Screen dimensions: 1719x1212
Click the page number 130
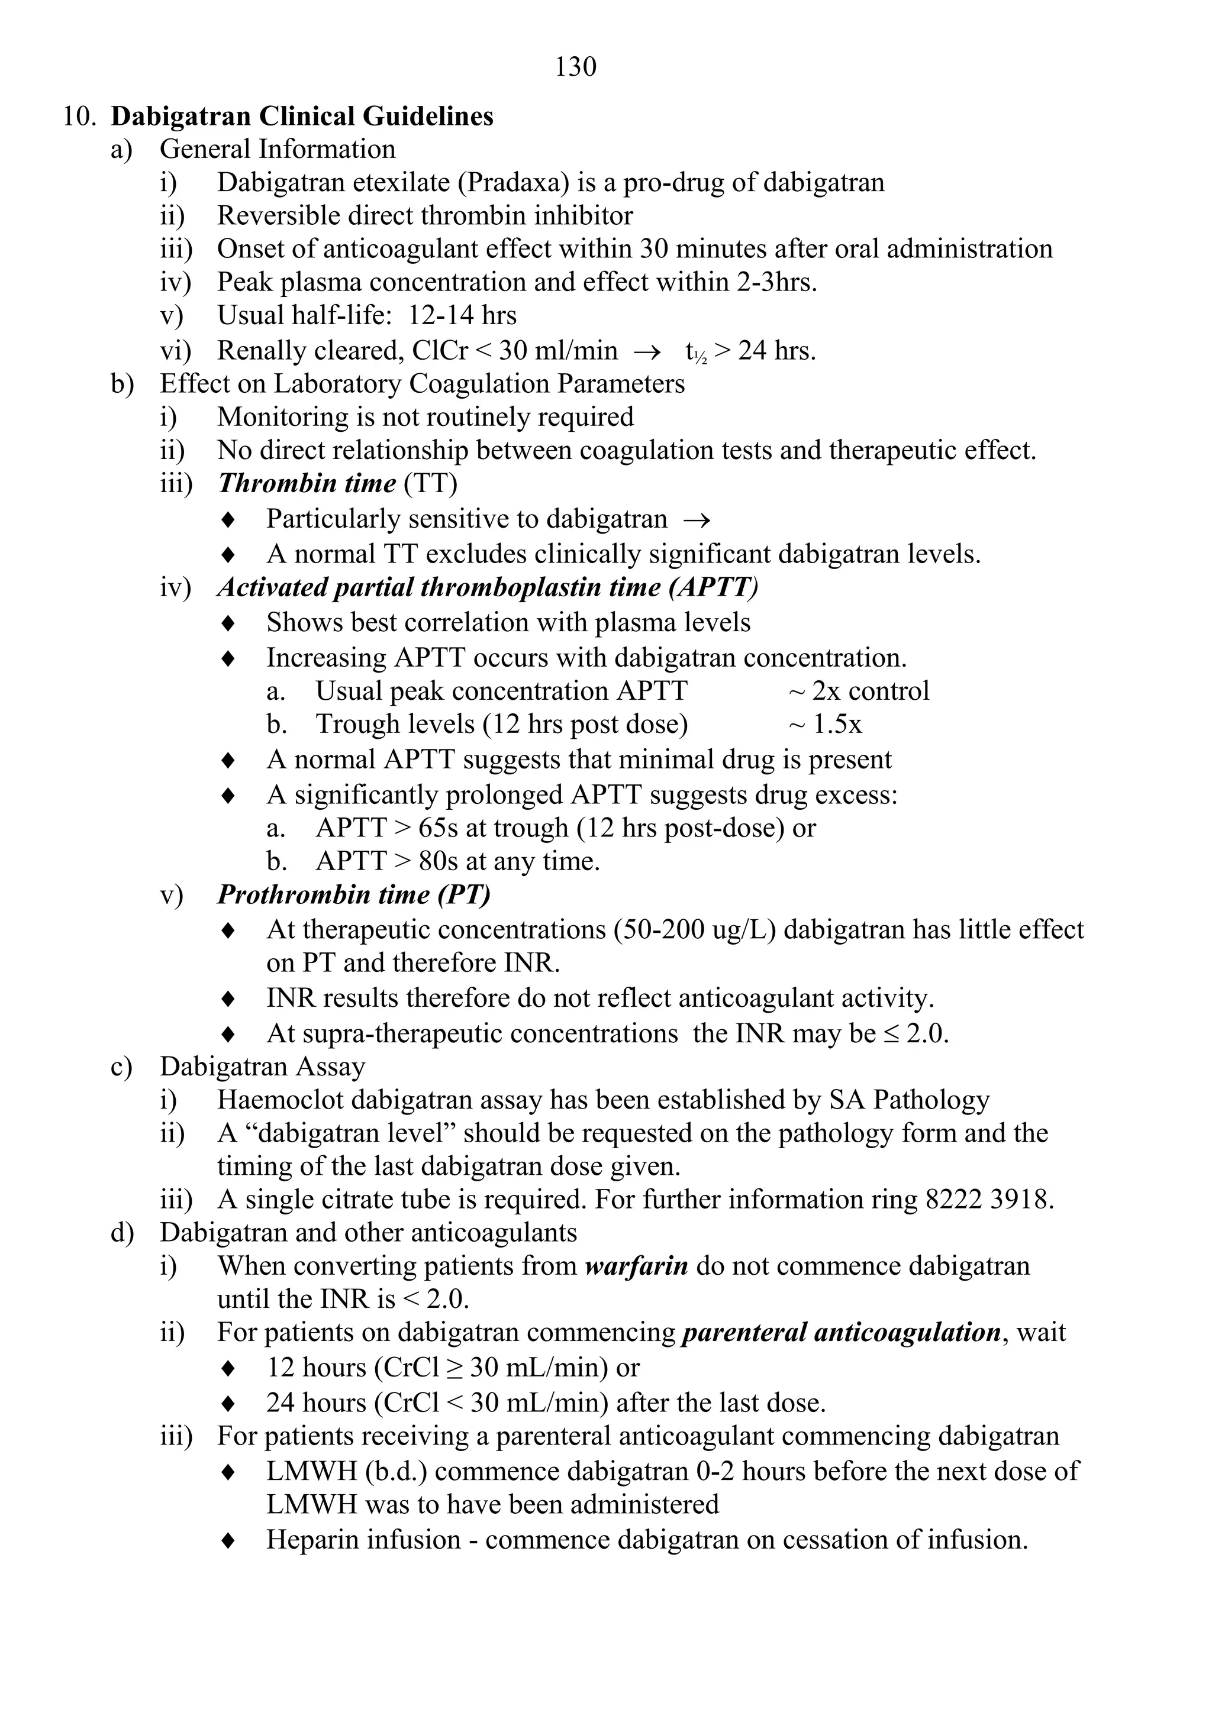click(575, 67)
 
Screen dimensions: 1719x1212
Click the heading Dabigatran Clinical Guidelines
click(302, 117)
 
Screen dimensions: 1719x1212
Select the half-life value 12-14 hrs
click(462, 315)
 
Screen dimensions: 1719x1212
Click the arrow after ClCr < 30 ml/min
click(646, 351)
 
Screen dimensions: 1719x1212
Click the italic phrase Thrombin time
click(307, 484)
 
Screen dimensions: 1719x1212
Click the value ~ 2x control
click(859, 691)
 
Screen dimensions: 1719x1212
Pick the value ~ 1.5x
click(825, 724)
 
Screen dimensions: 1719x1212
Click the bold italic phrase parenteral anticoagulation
click(841, 1333)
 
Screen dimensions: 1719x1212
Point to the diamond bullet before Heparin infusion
click(229, 1541)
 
